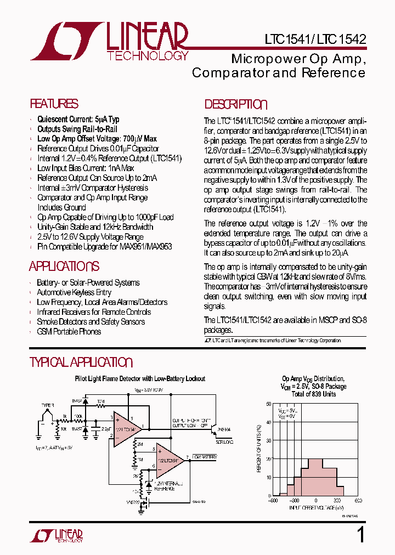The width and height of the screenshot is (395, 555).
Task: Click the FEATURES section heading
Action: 54,104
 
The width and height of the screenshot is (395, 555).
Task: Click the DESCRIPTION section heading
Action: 236,105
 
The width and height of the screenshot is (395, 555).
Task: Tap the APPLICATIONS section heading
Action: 64,267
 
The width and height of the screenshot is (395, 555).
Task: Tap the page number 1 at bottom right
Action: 360,535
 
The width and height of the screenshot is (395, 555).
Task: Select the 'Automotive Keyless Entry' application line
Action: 74,293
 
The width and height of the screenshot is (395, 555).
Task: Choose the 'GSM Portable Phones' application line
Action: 69,331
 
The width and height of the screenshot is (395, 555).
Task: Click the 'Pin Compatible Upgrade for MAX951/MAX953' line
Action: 104,247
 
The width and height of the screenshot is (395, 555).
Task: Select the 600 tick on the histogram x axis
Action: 358,500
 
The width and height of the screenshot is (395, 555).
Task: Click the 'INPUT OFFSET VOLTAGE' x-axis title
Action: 315,508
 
